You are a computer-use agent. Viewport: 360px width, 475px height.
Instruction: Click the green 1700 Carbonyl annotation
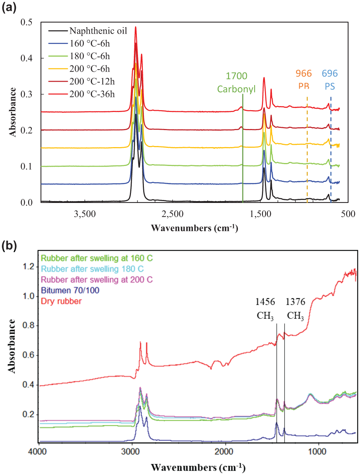[x=236, y=82]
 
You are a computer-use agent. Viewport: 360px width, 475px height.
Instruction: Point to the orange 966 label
[x=304, y=74]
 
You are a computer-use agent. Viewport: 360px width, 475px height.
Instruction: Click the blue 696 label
[x=330, y=74]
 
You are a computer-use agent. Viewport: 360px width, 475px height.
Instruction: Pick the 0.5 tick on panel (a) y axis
[x=26, y=22]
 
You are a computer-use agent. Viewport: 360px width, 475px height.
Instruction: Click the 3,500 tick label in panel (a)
[x=85, y=214]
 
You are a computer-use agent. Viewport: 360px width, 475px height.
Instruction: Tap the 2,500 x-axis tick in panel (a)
[x=172, y=214]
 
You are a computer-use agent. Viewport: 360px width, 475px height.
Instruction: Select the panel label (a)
[x=9, y=8]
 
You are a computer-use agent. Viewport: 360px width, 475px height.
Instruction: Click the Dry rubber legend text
[x=61, y=301]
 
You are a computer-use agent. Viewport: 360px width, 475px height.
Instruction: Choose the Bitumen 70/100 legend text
[x=70, y=290]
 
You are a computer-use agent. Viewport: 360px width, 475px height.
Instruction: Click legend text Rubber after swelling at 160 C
[x=97, y=258]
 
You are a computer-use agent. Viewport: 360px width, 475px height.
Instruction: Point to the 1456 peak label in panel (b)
[x=265, y=302]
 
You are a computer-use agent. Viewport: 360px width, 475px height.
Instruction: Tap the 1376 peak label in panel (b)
[x=296, y=302]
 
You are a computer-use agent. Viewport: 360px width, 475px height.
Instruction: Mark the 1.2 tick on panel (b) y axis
[x=28, y=267]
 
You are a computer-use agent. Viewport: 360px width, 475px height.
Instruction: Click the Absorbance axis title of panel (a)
[x=13, y=112]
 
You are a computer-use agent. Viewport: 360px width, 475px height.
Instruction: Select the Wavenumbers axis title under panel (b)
[x=198, y=468]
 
